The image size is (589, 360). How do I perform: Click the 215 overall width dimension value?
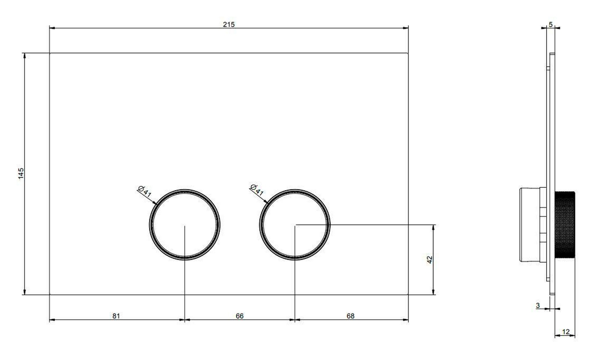229,24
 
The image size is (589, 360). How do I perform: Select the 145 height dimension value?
21,174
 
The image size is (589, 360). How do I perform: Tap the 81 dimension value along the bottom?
116,316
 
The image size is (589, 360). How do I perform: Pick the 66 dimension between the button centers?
240,316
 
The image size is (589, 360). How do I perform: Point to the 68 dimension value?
350,316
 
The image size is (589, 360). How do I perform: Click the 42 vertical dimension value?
430,260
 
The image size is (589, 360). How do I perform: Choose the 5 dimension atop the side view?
551,25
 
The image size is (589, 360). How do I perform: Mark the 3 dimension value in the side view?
538,306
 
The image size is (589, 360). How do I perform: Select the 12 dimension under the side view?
566,332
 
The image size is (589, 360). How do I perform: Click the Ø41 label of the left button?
145,191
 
